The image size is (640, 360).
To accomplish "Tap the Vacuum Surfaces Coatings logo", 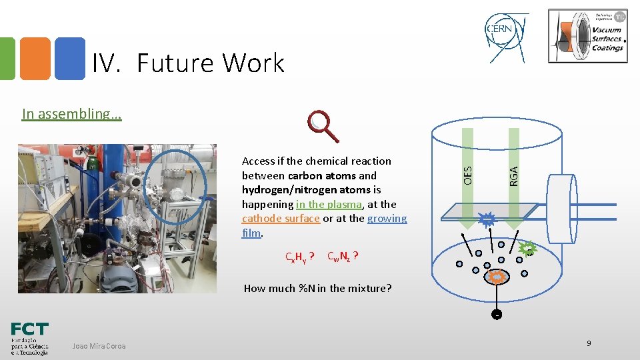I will tap(587, 36).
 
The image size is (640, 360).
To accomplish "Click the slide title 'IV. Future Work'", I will tap(188, 63).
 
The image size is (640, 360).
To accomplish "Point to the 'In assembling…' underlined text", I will tap(71, 113).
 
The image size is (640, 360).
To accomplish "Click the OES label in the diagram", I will tap(468, 175).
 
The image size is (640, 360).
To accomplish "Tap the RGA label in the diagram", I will tap(513, 175).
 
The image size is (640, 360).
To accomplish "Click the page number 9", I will tap(589, 343).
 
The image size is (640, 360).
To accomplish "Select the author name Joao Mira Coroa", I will tap(98, 345).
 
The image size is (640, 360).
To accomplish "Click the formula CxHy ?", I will tap(299, 257).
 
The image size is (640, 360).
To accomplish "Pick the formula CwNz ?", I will tap(344, 256).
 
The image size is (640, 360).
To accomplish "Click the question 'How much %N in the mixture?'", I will tap(317, 288).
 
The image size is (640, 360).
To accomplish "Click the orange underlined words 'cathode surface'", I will tap(281, 219).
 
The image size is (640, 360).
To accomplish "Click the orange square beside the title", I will tap(34, 59).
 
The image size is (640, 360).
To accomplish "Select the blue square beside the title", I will tap(70, 59).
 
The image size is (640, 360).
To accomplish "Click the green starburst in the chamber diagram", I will tap(527, 249).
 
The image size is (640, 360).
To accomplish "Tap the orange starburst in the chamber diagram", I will tap(497, 276).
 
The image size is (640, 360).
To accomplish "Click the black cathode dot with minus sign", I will tap(497, 314).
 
